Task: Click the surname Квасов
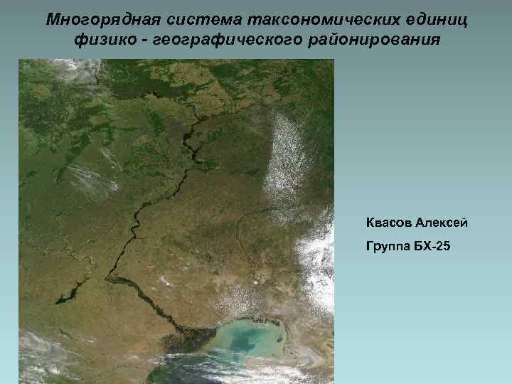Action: (389, 223)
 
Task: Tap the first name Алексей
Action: (442, 223)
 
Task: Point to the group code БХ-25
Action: (430, 247)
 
